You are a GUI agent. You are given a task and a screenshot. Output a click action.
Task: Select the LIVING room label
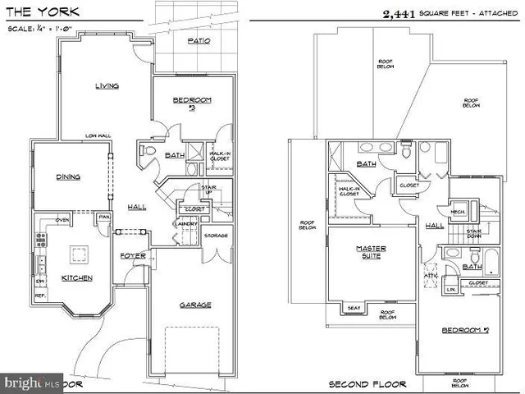pyautogui.click(x=107, y=85)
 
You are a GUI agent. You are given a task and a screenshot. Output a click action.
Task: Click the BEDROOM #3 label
pyautogui.click(x=192, y=103)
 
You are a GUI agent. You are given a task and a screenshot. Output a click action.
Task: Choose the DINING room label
pyautogui.click(x=67, y=176)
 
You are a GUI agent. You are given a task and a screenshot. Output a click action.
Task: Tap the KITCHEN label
pyautogui.click(x=77, y=277)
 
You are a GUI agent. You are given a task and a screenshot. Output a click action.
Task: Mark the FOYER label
pyautogui.click(x=132, y=254)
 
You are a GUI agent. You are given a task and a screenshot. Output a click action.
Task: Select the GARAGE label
pyautogui.click(x=195, y=305)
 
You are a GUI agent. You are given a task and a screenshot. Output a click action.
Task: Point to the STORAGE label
pyautogui.click(x=215, y=236)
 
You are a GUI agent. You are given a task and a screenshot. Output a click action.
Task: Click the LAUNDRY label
pyautogui.click(x=183, y=223)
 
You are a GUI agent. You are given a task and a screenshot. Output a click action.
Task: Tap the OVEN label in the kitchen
pyautogui.click(x=62, y=219)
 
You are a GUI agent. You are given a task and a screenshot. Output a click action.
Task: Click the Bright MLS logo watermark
pyautogui.click(x=33, y=383)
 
